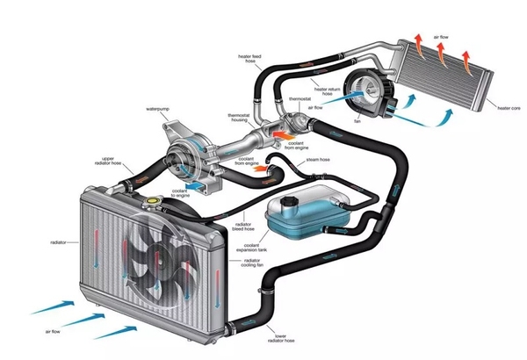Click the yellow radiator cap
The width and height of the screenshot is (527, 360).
tap(152, 202)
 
